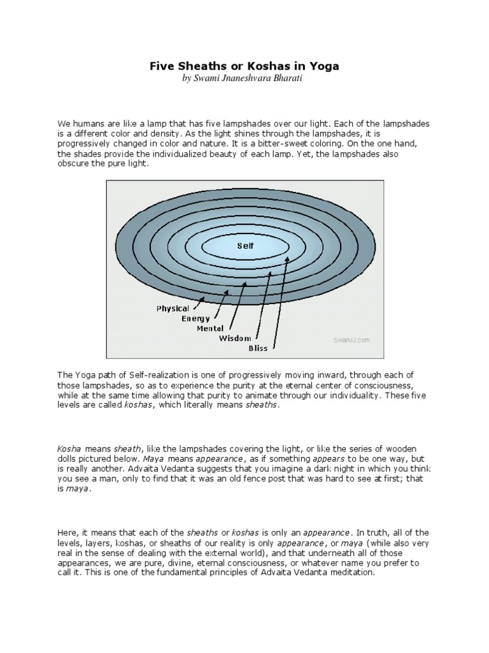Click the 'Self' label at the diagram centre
click(x=245, y=245)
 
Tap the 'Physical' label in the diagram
click(x=173, y=309)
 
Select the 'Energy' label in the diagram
click(x=195, y=318)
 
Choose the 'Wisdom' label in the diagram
click(x=235, y=338)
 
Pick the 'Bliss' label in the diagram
click(x=258, y=348)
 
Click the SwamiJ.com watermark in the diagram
click(x=351, y=341)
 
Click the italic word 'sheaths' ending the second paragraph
click(x=262, y=406)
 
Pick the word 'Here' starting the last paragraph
click(x=67, y=532)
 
